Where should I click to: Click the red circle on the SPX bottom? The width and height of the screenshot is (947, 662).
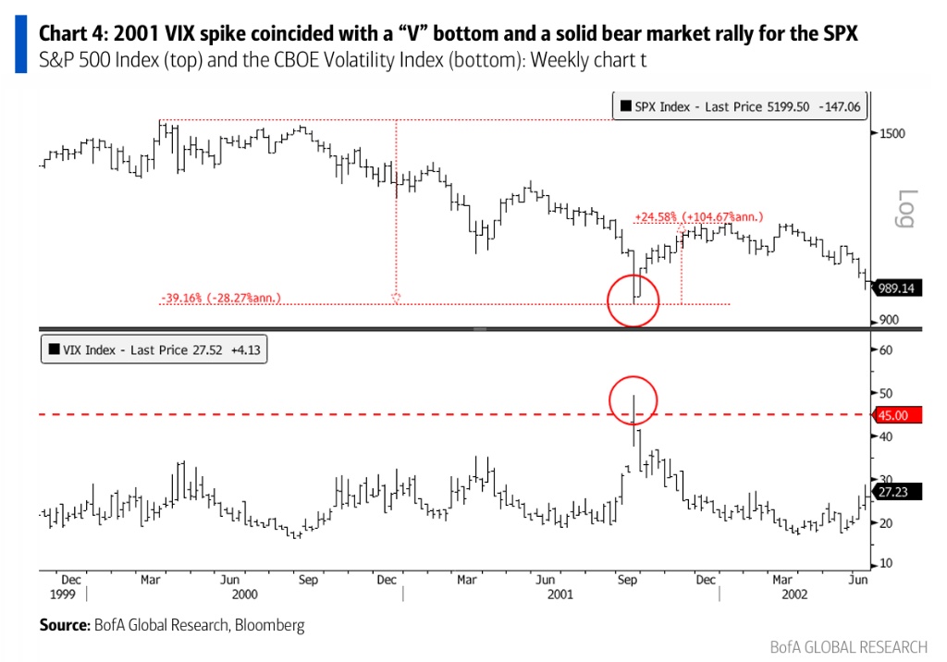[x=633, y=300]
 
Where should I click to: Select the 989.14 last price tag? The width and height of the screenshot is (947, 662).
[x=896, y=288]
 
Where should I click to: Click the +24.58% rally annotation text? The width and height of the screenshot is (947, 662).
[x=698, y=217]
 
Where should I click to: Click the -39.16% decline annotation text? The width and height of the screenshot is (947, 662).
[x=220, y=299]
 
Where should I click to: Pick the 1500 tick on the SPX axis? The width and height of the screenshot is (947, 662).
[x=892, y=133]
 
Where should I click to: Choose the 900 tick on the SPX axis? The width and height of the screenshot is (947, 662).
[x=889, y=320]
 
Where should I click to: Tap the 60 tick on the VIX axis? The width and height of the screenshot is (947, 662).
[x=885, y=350]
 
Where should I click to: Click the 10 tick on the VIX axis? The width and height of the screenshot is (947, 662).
[x=885, y=563]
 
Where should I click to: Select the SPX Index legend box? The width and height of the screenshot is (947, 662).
[x=740, y=106]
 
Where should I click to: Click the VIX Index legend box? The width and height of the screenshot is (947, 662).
[x=154, y=349]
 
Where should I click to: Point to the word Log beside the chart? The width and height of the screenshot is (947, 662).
[x=907, y=207]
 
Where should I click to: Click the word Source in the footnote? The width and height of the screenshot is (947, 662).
[x=64, y=626]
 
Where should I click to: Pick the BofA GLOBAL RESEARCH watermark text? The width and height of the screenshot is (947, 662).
[x=848, y=646]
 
